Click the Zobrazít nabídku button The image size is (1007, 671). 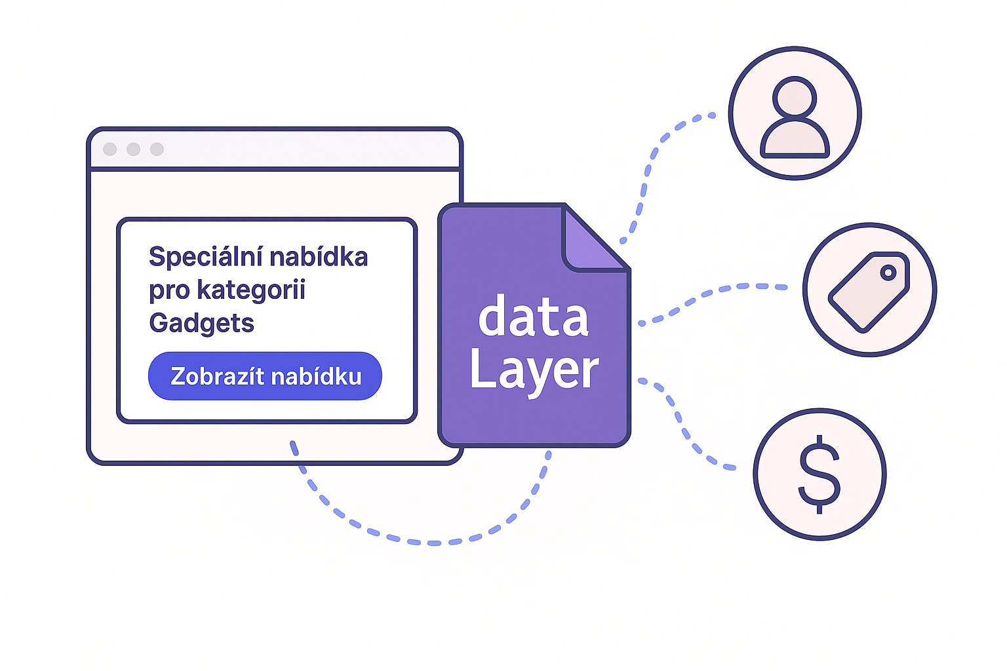point(265,376)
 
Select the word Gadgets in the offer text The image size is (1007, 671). point(201,323)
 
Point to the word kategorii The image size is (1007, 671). point(251,290)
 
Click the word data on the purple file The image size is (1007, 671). point(533,318)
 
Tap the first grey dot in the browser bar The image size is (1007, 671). point(110,149)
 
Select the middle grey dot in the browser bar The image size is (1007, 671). point(134,149)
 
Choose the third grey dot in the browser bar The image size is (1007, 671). point(157,149)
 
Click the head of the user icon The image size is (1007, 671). point(795,98)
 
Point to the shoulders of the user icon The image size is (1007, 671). point(795,139)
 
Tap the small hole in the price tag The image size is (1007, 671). point(888,272)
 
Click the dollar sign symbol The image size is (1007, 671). point(819,474)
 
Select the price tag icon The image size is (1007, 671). point(868,292)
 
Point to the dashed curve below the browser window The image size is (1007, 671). point(420,541)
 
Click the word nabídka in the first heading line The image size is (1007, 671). point(319,257)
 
